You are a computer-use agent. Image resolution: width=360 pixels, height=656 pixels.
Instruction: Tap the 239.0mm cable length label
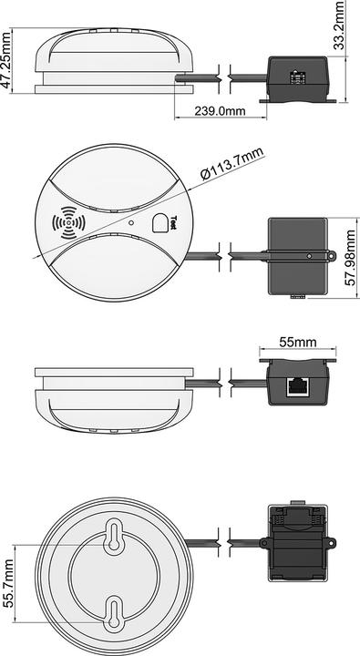219,112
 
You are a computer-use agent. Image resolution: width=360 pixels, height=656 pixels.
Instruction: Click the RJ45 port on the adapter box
297,384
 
